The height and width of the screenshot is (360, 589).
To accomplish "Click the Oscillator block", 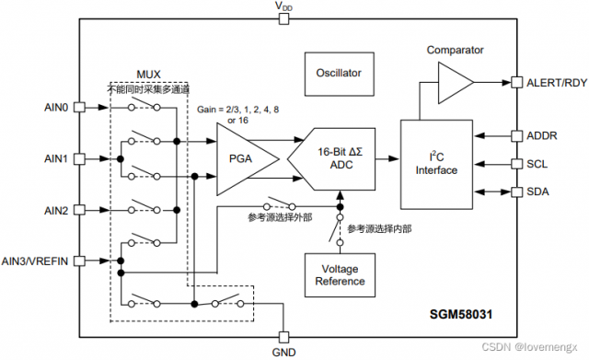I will [339, 73].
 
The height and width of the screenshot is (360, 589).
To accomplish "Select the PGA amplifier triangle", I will [241, 158].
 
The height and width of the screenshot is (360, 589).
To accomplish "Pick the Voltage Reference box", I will [339, 273].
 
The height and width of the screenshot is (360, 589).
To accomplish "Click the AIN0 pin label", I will [57, 107].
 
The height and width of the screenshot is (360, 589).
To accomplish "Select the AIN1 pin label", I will [57, 158].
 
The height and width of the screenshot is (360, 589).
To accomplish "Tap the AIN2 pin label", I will [57, 210].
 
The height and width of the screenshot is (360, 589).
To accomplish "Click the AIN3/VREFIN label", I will [36, 261].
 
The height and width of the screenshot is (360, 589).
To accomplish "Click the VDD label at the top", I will [284, 7].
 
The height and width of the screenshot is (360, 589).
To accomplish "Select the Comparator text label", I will [455, 50].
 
